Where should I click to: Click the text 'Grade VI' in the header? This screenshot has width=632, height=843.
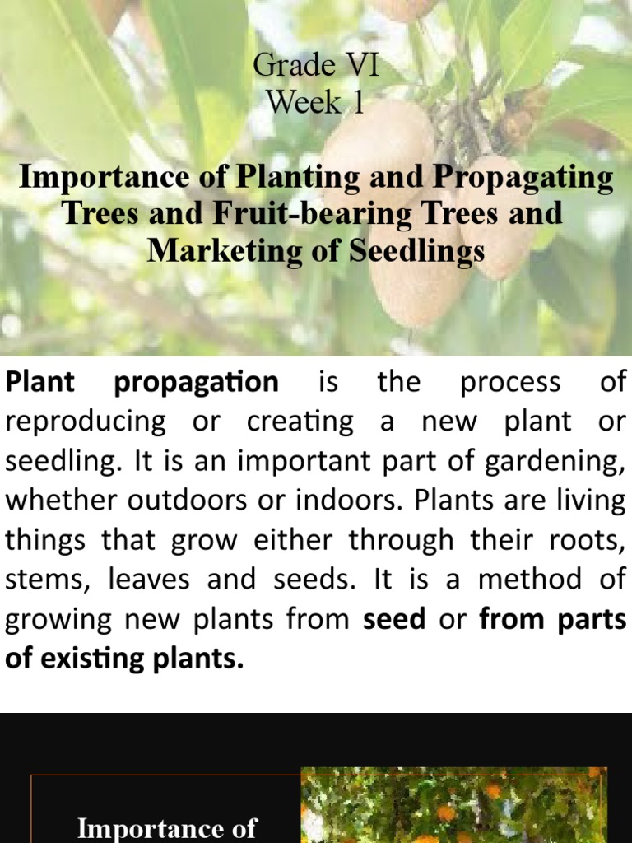316,66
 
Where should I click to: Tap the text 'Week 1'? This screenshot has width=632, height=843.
315,103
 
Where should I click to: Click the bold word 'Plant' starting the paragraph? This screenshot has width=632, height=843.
40,382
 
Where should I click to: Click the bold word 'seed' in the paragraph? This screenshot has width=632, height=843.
395,619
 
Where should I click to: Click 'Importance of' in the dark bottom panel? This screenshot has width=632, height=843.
167,827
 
